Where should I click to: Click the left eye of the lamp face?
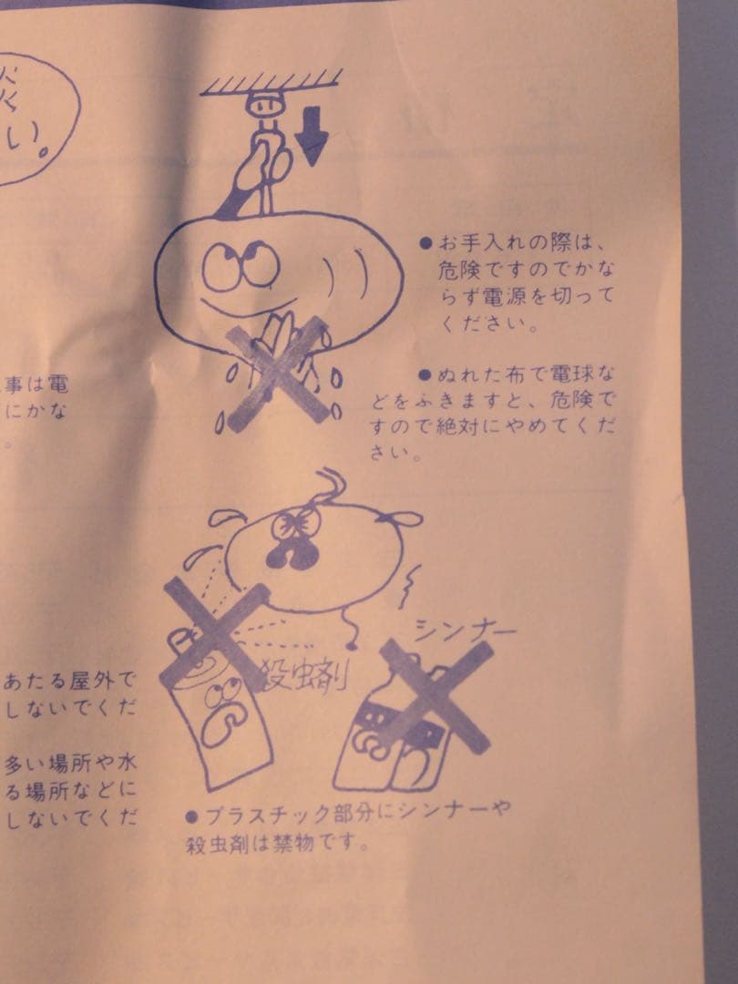219,266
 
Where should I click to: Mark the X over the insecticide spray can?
215,633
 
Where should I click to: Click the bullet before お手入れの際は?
425,244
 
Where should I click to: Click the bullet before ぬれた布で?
425,374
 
